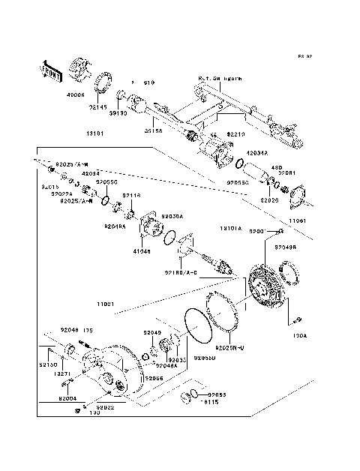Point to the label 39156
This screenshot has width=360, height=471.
tap(154, 131)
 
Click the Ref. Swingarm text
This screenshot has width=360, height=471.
tap(220, 77)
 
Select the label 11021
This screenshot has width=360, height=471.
tap(105, 304)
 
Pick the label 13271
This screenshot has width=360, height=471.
tap(62, 373)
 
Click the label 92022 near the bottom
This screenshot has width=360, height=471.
tap(105, 407)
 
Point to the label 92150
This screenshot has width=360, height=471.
tap(49, 365)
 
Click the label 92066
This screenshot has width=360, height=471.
tap(154, 378)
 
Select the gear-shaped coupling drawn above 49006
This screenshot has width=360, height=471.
tap(82, 68)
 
